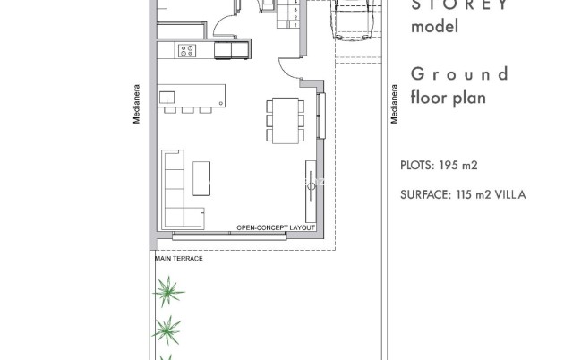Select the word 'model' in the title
click(x=434, y=26)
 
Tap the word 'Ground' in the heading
click(x=459, y=74)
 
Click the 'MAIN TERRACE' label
click(x=179, y=258)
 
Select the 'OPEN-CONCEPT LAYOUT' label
click(x=276, y=228)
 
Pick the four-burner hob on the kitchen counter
click(x=189, y=51)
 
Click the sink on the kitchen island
click(x=167, y=96)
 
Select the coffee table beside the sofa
click(x=201, y=176)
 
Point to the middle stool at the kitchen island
click(x=186, y=110)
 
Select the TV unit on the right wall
click(x=310, y=188)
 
